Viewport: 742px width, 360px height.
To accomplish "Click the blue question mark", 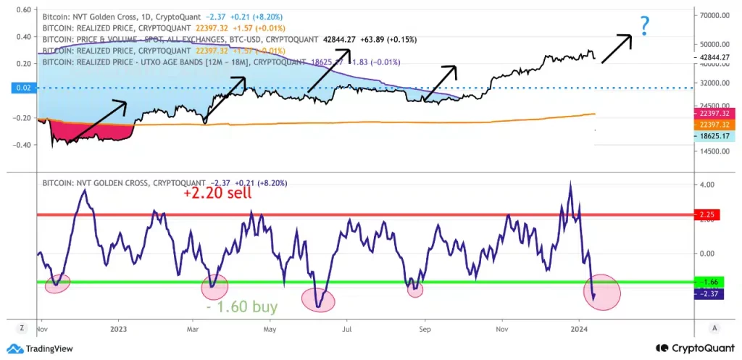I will tap(643, 26).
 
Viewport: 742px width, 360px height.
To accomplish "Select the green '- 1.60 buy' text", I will tap(243, 306).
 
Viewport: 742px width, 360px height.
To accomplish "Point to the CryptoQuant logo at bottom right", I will tap(691, 348).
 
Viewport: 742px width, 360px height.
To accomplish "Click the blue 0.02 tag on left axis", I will tap(23, 88).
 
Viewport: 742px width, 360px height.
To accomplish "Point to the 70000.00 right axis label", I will tap(714, 15).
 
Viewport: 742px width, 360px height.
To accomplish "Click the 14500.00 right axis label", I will tap(714, 151).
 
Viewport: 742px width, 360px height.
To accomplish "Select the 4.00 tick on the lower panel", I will tap(705, 185).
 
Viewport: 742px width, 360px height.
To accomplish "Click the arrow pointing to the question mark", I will tap(617, 48).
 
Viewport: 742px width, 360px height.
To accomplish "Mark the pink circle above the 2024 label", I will tap(602, 292).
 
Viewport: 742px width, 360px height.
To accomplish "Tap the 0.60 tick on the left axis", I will tap(22, 10).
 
